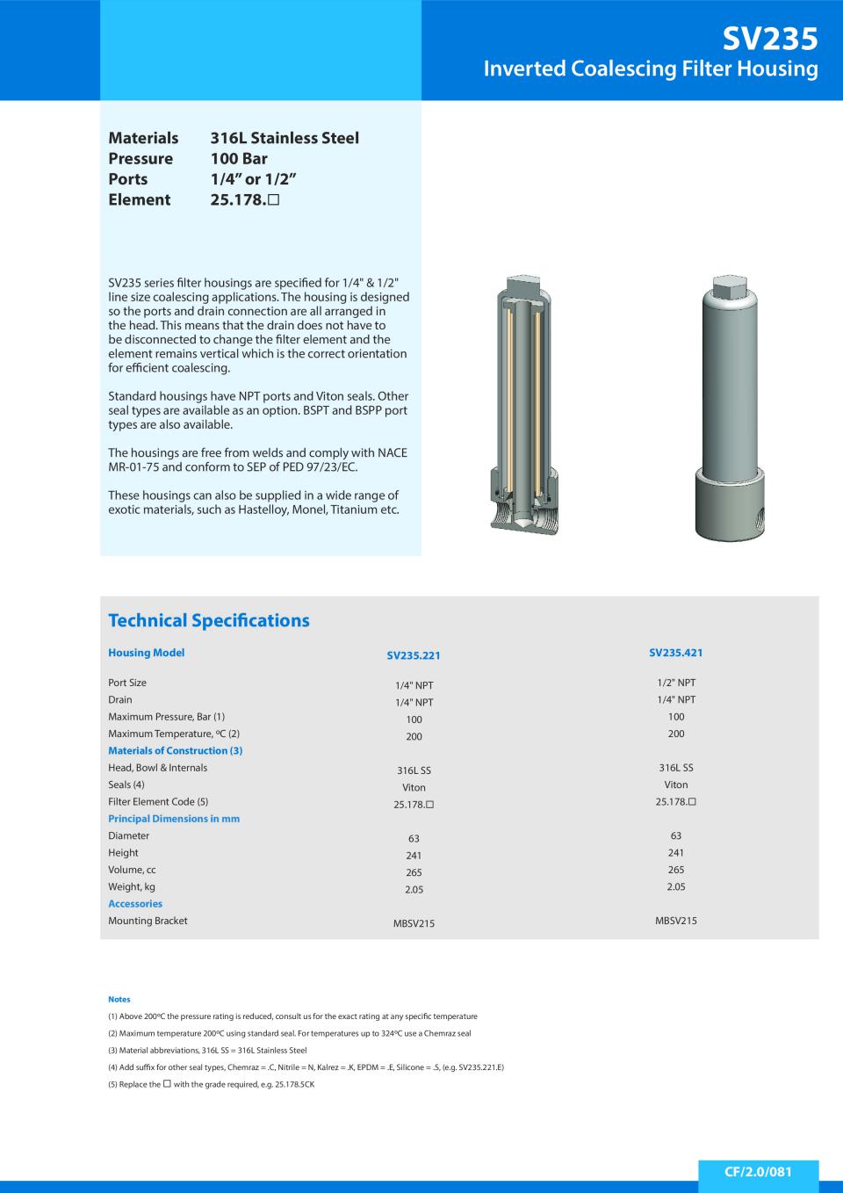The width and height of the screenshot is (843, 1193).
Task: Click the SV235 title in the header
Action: click(770, 38)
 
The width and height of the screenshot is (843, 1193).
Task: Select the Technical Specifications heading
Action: click(209, 620)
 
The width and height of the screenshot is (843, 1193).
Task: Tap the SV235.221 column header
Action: click(414, 655)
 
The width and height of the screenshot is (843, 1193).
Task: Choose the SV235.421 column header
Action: click(676, 653)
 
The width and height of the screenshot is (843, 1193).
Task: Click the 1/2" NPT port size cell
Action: click(676, 683)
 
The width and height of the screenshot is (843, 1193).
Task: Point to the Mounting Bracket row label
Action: click(148, 921)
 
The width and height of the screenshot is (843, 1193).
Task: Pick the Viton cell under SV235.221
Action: click(414, 788)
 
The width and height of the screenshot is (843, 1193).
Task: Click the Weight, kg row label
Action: click(132, 886)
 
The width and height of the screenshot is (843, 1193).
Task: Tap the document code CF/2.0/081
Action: click(758, 1172)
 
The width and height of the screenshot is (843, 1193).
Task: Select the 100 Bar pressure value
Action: click(239, 159)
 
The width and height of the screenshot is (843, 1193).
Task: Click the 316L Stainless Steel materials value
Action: click(285, 138)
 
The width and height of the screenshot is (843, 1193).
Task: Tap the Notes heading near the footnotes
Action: click(119, 999)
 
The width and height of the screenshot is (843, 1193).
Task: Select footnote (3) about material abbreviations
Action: click(207, 1050)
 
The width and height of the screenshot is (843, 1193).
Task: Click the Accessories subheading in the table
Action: click(135, 904)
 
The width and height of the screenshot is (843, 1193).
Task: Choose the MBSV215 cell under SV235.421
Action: click(676, 921)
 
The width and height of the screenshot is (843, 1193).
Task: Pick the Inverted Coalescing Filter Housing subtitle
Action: click(651, 69)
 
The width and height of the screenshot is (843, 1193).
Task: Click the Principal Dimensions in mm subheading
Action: click(174, 819)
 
